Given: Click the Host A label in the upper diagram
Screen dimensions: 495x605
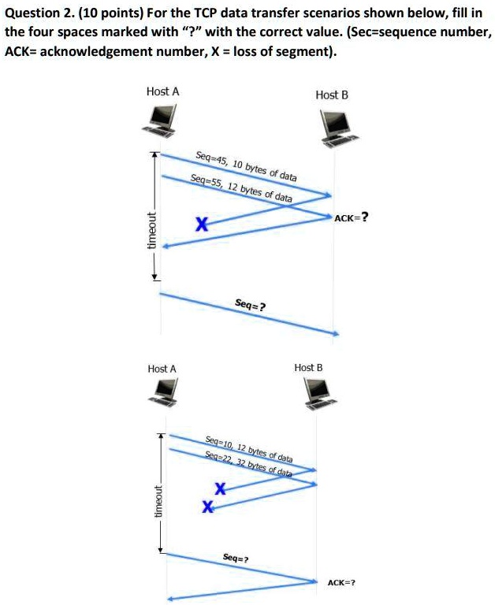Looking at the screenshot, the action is [x=163, y=91].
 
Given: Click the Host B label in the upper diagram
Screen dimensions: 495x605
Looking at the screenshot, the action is [x=332, y=95].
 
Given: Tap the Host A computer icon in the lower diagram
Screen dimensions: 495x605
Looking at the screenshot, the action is [x=164, y=392].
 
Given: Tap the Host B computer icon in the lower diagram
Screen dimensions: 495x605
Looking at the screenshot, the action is [x=320, y=393].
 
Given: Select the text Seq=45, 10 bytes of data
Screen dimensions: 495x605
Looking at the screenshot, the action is [x=247, y=166].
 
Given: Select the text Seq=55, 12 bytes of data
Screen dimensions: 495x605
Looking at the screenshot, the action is [x=241, y=188].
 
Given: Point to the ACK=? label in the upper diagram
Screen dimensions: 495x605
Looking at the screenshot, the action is [x=351, y=217].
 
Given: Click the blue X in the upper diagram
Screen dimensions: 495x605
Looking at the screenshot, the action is [x=202, y=224].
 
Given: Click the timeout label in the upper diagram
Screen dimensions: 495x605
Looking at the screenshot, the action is [x=152, y=230].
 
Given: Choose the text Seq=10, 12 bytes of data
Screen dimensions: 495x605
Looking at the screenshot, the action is [x=249, y=449].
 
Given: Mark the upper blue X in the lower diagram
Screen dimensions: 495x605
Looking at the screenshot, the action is [x=220, y=488].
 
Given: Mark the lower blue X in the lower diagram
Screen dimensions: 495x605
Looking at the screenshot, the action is [x=208, y=507].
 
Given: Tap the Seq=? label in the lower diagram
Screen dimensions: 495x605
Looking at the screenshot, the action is [x=236, y=558].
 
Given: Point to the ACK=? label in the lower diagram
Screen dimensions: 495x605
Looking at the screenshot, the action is [x=341, y=583].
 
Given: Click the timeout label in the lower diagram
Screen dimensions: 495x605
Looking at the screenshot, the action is [x=158, y=501].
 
